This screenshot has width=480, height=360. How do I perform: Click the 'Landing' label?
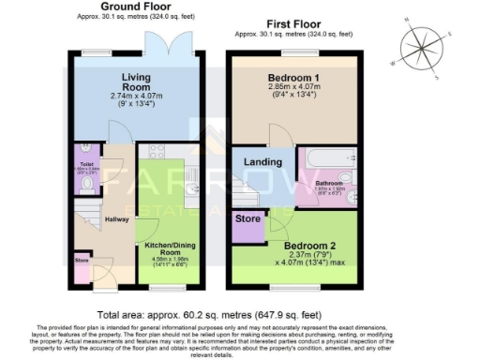264,163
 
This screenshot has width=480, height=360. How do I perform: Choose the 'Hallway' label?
117,219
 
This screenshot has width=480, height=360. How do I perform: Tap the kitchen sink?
192,189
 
